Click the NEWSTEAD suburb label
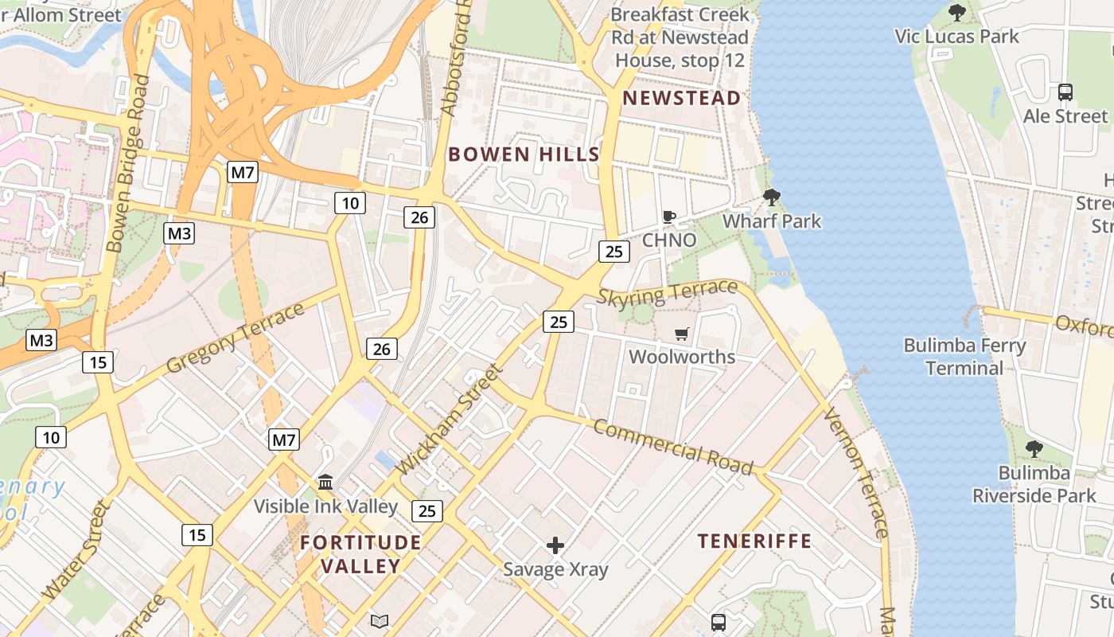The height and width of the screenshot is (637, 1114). [x=682, y=98]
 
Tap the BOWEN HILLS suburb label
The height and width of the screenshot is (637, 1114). [x=524, y=154]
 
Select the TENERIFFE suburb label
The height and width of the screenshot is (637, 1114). [x=754, y=541]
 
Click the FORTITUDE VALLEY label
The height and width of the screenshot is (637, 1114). [x=349, y=554]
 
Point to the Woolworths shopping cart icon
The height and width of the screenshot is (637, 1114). [x=681, y=334]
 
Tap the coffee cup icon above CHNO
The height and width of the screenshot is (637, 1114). [x=669, y=217]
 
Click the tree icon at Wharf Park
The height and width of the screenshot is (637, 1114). [x=771, y=197]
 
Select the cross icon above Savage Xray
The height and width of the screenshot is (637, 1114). [x=555, y=545]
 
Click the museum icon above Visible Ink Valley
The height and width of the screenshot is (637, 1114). [x=325, y=483]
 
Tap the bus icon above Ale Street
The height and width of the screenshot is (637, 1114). [x=1065, y=92]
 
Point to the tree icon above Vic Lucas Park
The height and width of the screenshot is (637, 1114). [x=957, y=12]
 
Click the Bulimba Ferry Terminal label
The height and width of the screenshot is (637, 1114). [x=964, y=357]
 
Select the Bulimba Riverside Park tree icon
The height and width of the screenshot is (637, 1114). [x=1034, y=449]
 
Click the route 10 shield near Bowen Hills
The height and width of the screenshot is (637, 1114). [x=349, y=203]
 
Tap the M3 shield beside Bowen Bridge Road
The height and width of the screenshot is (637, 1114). [x=179, y=233]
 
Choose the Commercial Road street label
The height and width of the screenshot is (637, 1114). [x=672, y=447]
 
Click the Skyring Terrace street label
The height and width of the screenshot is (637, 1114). [x=667, y=294]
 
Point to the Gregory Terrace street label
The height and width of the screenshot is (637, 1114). [x=236, y=338]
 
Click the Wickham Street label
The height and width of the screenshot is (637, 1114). [x=450, y=420]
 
